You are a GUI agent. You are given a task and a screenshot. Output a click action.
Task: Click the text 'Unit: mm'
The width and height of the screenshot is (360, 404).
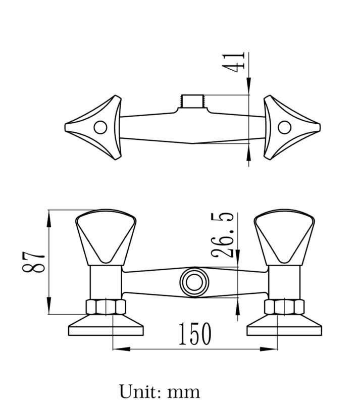coord(160,391)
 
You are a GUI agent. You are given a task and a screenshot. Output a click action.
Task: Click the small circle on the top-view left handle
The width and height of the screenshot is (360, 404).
coord(101,127)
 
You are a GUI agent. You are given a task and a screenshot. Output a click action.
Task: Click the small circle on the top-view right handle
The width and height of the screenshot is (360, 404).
coord(284,127)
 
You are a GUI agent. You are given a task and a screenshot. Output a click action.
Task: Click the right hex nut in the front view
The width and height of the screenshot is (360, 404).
coord(284,307)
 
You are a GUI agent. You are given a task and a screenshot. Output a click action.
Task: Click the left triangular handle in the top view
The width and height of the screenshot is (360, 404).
coord(98,127)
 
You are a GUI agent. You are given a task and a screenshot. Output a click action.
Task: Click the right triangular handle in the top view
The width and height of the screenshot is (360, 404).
coord(288,127)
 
